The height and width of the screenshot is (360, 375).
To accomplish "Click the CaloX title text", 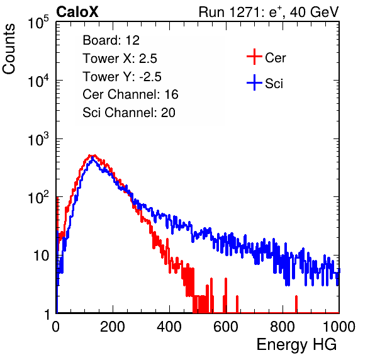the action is coord(77,12).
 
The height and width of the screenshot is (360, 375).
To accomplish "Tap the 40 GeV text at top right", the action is coord(314,12).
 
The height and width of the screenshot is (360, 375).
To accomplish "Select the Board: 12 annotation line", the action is coord(111,40).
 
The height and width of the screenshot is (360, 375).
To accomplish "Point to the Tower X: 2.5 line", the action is coord(120,58).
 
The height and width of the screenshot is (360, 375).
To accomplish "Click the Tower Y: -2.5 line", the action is coord(122,76).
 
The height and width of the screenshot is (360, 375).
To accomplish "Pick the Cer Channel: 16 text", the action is coord(130,94).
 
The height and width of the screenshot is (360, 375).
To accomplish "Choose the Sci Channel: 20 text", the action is coord(129,113).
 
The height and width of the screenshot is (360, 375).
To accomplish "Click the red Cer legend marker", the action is coord(254,57).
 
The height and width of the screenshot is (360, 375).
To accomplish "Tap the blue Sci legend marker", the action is coord(254,82).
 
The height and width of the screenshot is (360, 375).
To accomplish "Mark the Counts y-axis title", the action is coord(9,49).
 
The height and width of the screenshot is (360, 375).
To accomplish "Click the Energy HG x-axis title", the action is coord(296,345).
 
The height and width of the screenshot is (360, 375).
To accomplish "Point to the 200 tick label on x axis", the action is coord(113,326).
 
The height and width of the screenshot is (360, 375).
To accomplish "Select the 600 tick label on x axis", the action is coord(226,326).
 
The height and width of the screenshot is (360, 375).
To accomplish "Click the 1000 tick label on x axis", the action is coord(339,326).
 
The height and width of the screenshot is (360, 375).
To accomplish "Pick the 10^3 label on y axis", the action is coord(38,139).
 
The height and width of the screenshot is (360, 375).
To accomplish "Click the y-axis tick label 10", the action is coord(41,256).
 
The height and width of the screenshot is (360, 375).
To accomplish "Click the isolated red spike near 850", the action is coord(296,304).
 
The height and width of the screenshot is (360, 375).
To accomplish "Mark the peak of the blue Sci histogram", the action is coord(92,159).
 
